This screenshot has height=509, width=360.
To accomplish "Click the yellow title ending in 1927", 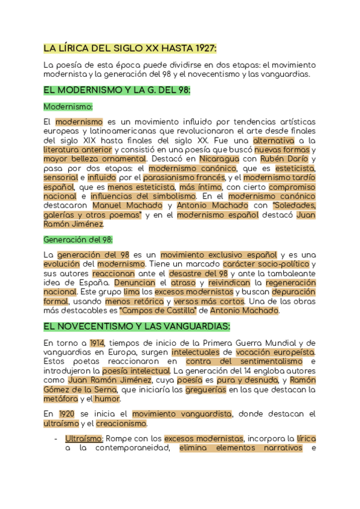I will click(x=130, y=48).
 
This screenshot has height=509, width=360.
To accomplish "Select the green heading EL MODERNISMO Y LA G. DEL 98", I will click(x=117, y=90).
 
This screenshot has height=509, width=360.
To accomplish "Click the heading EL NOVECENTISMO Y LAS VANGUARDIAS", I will click(x=137, y=327).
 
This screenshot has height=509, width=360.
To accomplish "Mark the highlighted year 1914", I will click(x=97, y=343).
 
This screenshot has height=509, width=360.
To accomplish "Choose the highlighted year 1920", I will click(x=67, y=414).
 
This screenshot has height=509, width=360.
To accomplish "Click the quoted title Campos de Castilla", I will click(x=158, y=311).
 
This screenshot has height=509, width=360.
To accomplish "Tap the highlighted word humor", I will click(x=107, y=399).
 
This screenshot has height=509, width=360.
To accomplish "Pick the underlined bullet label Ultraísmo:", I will click(x=84, y=439).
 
